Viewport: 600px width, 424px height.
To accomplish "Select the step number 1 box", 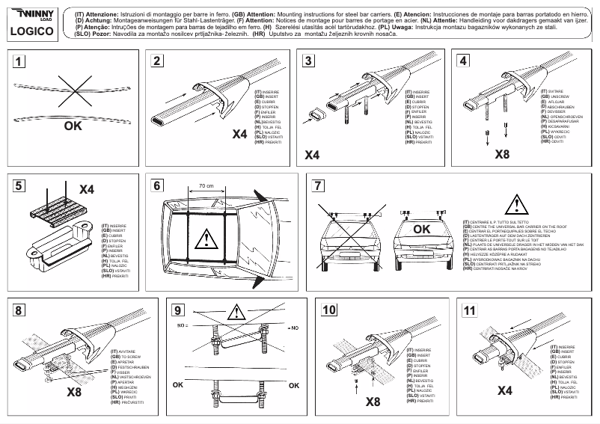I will pyautogui.click(x=24, y=62).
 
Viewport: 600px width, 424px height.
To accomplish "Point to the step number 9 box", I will pyautogui.click(x=178, y=309).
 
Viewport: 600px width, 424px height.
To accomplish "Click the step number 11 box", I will pyautogui.click(x=469, y=309).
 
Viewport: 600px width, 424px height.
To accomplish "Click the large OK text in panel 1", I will pyautogui.click(x=73, y=126).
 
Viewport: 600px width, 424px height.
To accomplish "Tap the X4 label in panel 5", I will pyautogui.click(x=86, y=190).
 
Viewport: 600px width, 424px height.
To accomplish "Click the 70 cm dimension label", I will pyautogui.click(x=206, y=185).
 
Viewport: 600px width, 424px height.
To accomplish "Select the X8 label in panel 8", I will pyautogui.click(x=74, y=391).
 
